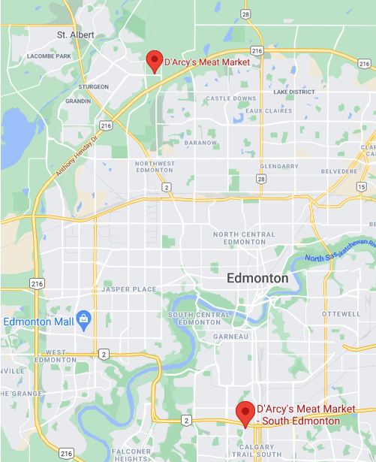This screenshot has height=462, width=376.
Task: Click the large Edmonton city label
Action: click(257, 278)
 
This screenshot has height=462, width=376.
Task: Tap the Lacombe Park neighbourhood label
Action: click(48, 56)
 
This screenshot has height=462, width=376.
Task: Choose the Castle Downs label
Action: click(230, 98)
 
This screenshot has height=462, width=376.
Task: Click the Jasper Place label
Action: click(128, 289)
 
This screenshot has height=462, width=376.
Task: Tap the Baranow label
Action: click(200, 143)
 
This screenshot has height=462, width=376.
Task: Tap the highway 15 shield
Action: click(362, 186)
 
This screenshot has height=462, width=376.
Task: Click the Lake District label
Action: click(294, 92)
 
